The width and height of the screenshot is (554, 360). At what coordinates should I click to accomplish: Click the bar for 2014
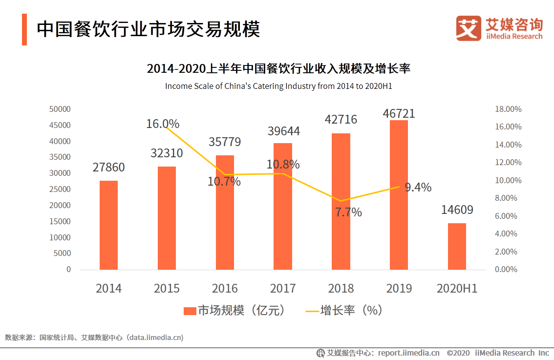point(108,225)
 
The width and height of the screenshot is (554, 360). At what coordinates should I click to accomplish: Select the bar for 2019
point(399,195)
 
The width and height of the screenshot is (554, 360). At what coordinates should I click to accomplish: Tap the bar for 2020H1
point(457,246)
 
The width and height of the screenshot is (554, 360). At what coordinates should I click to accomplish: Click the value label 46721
point(399,114)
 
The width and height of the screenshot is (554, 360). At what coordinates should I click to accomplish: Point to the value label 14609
point(457,210)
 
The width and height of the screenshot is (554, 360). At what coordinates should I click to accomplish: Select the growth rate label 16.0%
point(163,124)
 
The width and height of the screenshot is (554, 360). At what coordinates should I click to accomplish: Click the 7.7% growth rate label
point(348,212)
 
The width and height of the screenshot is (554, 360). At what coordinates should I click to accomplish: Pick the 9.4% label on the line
point(418,187)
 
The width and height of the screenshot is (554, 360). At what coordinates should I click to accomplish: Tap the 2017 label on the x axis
point(283,288)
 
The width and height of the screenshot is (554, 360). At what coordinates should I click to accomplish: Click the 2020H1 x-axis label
point(457,288)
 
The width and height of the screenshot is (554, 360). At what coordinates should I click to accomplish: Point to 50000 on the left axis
point(60,109)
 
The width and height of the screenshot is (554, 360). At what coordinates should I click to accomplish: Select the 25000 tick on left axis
point(60,189)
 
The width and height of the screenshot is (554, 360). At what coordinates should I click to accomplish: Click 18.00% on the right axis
point(508,109)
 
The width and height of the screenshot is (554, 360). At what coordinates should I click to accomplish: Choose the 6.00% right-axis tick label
point(508,216)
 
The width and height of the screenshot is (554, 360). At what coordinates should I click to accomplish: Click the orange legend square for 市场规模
point(190,311)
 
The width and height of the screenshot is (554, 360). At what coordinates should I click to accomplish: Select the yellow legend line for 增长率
point(311,311)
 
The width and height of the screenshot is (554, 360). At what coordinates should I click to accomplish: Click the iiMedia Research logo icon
point(469,28)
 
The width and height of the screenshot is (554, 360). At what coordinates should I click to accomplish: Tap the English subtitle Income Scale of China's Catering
point(279,86)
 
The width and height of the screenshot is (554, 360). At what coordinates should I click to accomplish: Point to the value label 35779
point(225,142)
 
